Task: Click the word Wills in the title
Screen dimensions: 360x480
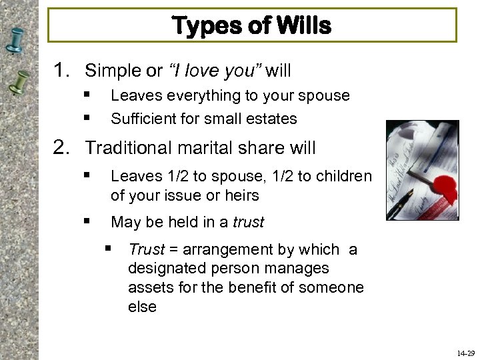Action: (303, 26)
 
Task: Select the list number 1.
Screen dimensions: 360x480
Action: (63, 70)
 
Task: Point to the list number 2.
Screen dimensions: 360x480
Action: (63, 147)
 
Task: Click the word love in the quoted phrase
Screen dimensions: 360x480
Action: (213, 70)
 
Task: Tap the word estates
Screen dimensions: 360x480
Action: (271, 119)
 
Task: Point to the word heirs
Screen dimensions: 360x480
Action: (241, 195)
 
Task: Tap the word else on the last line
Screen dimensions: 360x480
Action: (142, 307)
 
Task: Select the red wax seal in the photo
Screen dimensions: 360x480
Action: (445, 193)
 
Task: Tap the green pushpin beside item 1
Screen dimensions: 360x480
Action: (20, 83)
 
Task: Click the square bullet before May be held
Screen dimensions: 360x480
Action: (87, 222)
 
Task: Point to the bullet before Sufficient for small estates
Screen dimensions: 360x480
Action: (87, 119)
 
